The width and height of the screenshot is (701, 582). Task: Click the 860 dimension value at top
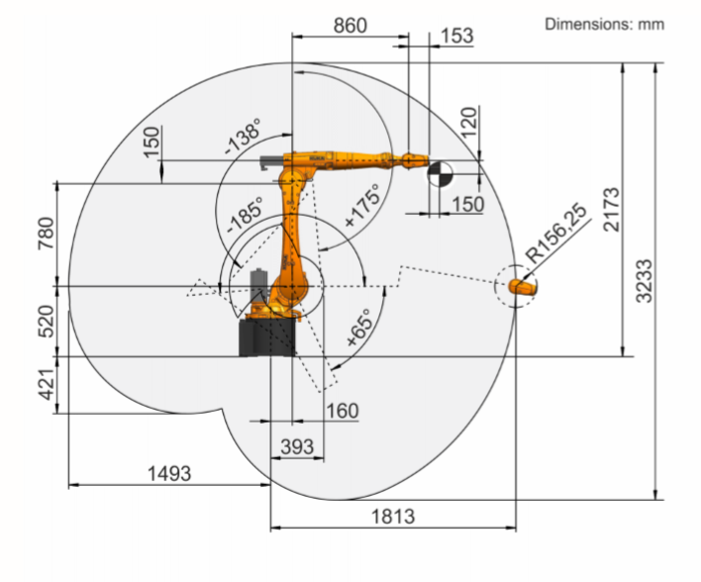[350, 26]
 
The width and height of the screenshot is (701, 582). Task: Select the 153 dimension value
[455, 36]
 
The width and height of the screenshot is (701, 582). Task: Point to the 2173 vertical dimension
[610, 210]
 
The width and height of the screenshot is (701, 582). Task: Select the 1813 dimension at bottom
[393, 516]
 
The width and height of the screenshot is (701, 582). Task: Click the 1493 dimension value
[168, 473]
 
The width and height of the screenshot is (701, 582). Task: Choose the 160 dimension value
[341, 410]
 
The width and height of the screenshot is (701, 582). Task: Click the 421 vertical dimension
[47, 381]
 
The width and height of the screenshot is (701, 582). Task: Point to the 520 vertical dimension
[47, 319]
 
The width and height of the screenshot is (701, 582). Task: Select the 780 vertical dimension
[47, 234]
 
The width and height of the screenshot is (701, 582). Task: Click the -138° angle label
[242, 136]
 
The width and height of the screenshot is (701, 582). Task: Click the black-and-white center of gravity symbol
[439, 175]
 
